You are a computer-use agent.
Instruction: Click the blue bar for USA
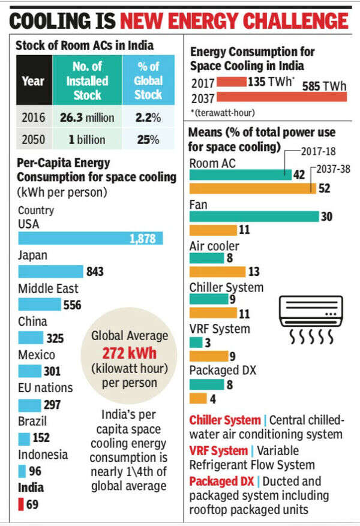point(90,238)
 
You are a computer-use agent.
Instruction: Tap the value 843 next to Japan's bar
point(95,272)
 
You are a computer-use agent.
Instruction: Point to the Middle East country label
point(48,288)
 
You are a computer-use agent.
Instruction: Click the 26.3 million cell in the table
point(87,118)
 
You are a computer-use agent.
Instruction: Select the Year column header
point(33,81)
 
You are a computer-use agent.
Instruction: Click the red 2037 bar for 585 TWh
point(281,97)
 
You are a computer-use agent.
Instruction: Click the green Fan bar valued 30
point(254,217)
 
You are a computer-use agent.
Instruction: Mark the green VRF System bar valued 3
point(196,342)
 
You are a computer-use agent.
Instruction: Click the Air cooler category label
point(214,246)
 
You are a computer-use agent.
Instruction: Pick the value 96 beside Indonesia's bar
point(35,471)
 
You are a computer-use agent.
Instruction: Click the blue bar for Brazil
point(24,438)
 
